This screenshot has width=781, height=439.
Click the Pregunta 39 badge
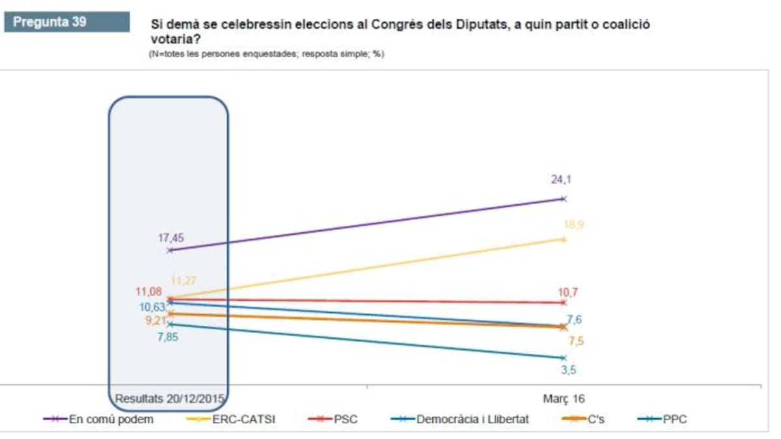[49, 21]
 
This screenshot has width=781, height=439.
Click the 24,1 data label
[561, 180]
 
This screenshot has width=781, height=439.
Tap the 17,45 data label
[171, 238]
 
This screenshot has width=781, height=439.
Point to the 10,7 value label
[568, 292]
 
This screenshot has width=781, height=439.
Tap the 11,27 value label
[184, 281]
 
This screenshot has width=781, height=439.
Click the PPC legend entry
[674, 419]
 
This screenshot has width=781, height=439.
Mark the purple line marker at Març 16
[564, 198]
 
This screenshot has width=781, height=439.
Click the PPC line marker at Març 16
[564, 358]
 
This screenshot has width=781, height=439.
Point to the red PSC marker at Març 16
[564, 302]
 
